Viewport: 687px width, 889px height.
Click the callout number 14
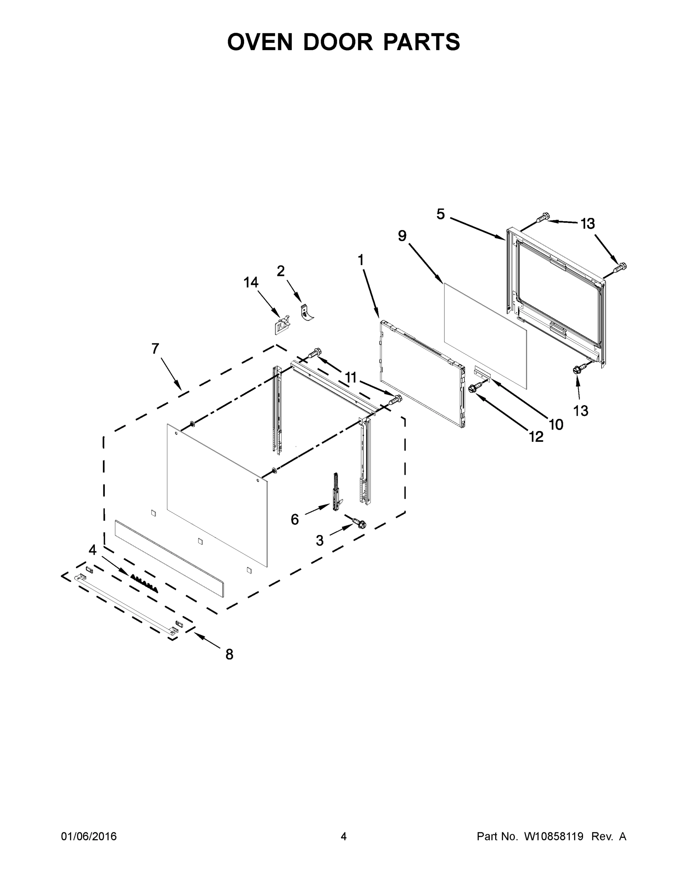[x=251, y=282]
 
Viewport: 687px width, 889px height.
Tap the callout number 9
[x=402, y=236]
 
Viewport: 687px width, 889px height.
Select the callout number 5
[x=441, y=214]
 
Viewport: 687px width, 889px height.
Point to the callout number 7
[x=155, y=349]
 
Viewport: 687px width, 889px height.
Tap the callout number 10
[x=556, y=424]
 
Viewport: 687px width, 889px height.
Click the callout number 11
[x=351, y=378]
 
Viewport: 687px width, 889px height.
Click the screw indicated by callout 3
[x=358, y=523]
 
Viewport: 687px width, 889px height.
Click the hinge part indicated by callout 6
[x=337, y=492]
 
